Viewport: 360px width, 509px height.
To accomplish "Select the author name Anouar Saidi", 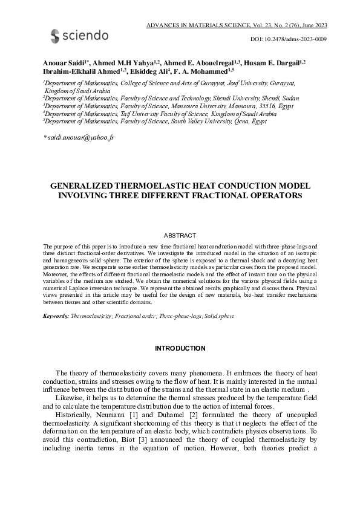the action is click(64, 62).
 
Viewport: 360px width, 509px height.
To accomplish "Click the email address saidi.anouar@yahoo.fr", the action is click(80, 138).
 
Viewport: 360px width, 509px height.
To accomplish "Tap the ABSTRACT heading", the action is click(180, 235).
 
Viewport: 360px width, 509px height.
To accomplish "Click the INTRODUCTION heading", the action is click(180, 348).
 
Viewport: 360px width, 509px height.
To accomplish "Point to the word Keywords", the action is click(56, 316).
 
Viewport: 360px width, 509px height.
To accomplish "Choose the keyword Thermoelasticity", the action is click(91, 316).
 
